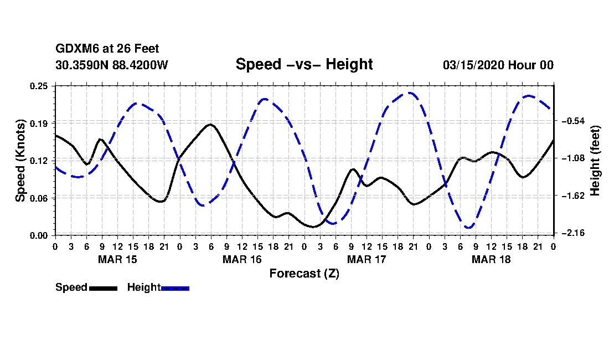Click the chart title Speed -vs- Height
[x=304, y=65]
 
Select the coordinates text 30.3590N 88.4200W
[x=111, y=65]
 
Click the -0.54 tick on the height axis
[x=572, y=121]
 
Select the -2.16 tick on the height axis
[x=572, y=233]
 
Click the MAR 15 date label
[x=117, y=259]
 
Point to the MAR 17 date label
[x=367, y=259]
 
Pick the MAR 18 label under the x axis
[x=491, y=259]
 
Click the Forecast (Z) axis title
[x=304, y=274]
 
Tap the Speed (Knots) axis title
[x=20, y=160]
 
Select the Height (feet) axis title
[x=595, y=160]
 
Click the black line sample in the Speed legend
[x=103, y=288]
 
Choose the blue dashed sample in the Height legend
[x=175, y=288]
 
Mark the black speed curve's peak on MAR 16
[x=210, y=125]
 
